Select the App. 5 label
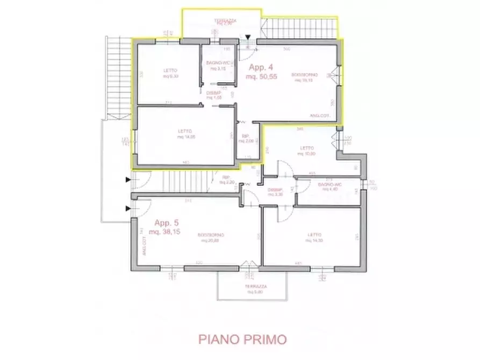168,223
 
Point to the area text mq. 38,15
169,232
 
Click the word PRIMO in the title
266,340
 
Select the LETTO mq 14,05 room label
185,134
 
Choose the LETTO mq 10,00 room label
306,151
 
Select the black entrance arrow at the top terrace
248,38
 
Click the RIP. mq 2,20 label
226,180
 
